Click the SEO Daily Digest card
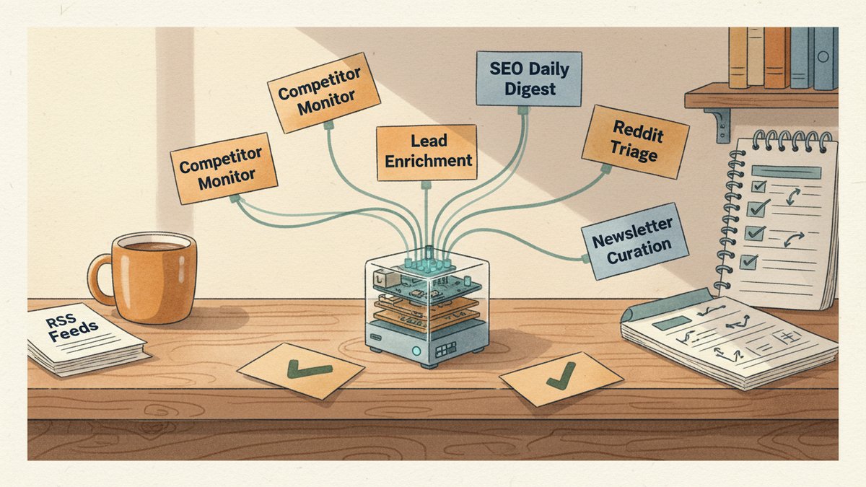tap(529, 79)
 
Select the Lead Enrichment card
tap(427, 153)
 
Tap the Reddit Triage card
tap(635, 142)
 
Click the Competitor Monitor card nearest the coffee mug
tap(224, 169)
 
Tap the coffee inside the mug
tap(154, 246)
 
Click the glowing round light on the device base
tap(416, 351)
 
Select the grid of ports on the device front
tap(443, 350)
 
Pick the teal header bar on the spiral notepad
tap(787, 172)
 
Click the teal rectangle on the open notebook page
tap(672, 323)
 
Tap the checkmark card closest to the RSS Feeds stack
tap(300, 370)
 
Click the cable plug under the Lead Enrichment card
tap(426, 185)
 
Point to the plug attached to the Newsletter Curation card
tap(585, 258)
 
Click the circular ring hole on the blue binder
tap(823, 56)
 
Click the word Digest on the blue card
tap(530, 89)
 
